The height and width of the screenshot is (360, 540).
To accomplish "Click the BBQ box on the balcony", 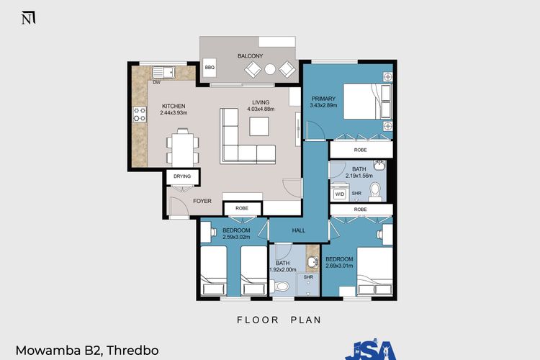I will pyautogui.click(x=210, y=68).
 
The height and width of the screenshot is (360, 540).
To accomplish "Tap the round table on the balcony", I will pyautogui.click(x=269, y=70).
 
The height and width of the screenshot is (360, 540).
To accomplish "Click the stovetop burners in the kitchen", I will pyautogui.click(x=139, y=114).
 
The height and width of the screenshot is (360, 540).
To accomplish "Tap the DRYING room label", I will pyautogui.click(x=182, y=176).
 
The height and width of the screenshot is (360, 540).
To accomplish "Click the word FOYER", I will pyautogui.click(x=202, y=201).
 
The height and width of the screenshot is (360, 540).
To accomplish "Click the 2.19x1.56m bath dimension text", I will pyautogui.click(x=359, y=176).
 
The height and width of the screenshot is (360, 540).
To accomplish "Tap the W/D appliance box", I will pyautogui.click(x=340, y=194).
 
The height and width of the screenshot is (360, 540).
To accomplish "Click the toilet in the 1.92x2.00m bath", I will pyautogui.click(x=282, y=286).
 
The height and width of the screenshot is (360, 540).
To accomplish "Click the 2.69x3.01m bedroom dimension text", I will pyautogui.click(x=338, y=266).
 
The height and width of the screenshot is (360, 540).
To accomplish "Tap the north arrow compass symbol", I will pyautogui.click(x=27, y=18).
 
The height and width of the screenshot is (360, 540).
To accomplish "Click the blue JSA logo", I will pyautogui.click(x=372, y=350).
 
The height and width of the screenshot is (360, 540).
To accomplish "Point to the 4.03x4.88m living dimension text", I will pyautogui.click(x=261, y=109).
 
